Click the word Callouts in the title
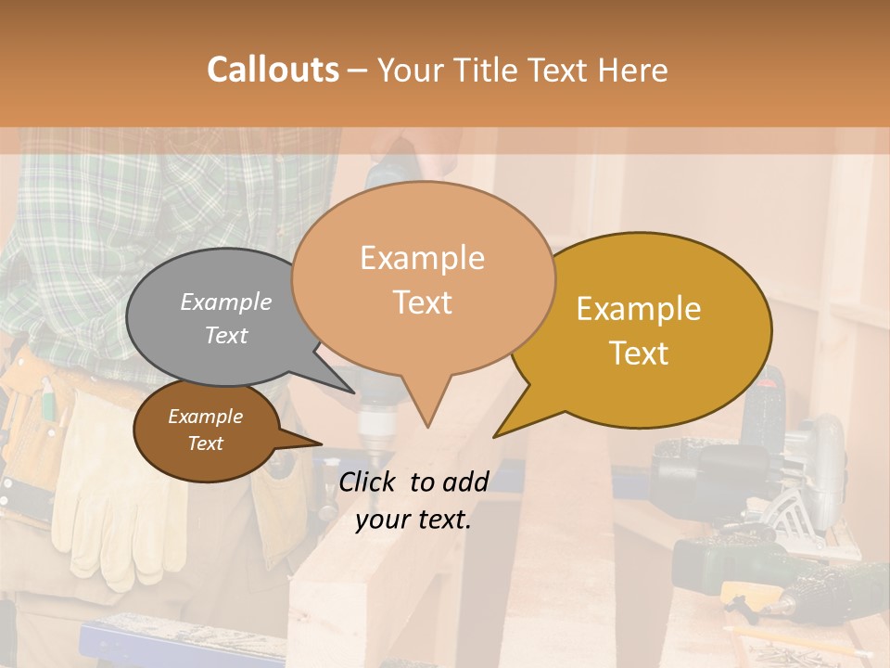273,70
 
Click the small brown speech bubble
205,430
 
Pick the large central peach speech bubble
423,278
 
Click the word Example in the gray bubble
226,302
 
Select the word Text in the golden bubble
640,353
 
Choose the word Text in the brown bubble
205,443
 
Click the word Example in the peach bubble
422,258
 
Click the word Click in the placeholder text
370,482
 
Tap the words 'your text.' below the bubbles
413,520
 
